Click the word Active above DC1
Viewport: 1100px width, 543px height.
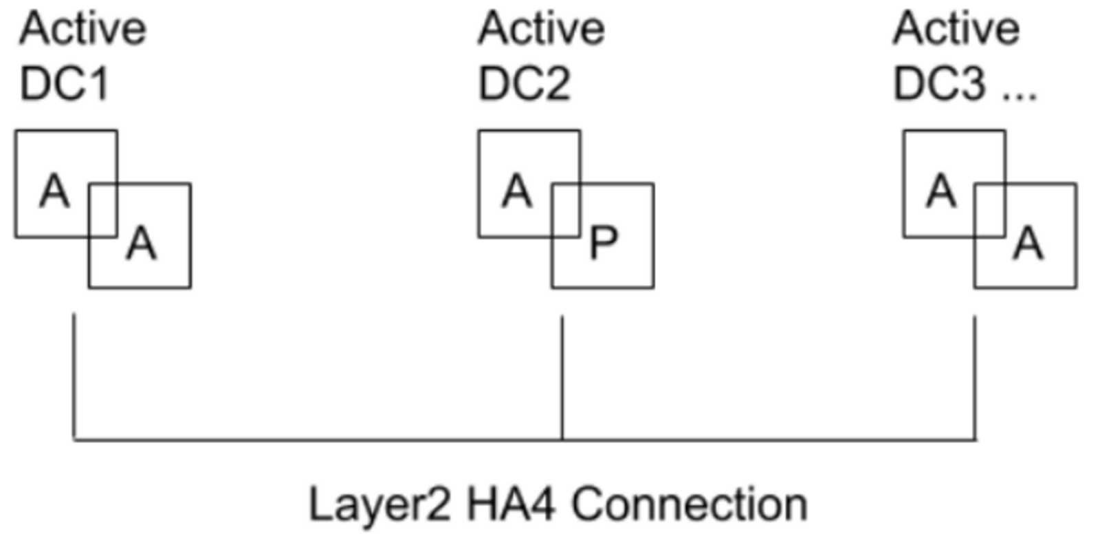click(82, 29)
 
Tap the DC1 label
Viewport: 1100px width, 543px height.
click(65, 84)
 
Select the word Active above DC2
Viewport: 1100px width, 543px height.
click(542, 29)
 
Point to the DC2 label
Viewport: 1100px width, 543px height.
click(525, 84)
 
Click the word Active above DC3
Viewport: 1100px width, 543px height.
click(956, 29)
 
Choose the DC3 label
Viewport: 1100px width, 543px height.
click(939, 84)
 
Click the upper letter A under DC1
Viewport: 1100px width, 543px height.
click(54, 191)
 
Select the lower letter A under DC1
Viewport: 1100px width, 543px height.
click(142, 243)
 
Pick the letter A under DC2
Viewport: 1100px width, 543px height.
click(516, 191)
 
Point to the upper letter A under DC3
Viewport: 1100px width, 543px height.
click(941, 191)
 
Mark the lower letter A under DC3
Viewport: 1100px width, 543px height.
click(1028, 243)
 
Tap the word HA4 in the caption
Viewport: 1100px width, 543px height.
click(511, 504)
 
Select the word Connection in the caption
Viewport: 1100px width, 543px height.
click(690, 504)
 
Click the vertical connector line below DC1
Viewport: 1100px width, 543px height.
click(74, 376)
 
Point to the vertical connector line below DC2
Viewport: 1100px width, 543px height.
click(562, 378)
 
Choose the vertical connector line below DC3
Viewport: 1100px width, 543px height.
click(975, 378)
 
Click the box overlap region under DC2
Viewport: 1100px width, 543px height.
click(566, 211)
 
